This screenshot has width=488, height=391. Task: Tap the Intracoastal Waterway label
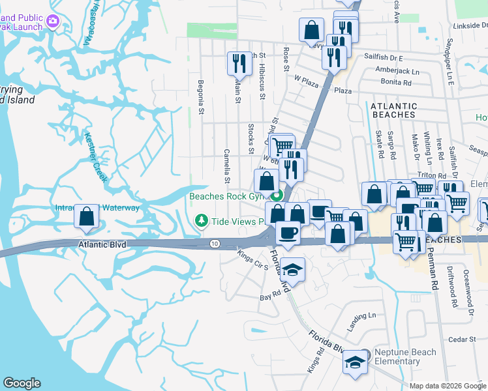[97, 208]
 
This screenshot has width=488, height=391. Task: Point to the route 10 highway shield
[215, 244]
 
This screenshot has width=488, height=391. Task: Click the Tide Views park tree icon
[202, 222]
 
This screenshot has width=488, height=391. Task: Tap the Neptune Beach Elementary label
[405, 356]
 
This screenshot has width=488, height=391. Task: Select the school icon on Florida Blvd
[355, 362]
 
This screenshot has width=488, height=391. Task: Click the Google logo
[22, 383]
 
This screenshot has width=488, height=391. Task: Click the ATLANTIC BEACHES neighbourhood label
[393, 110]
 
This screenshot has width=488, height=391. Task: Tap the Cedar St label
[463, 340]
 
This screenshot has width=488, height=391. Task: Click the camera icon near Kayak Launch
[52, 22]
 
